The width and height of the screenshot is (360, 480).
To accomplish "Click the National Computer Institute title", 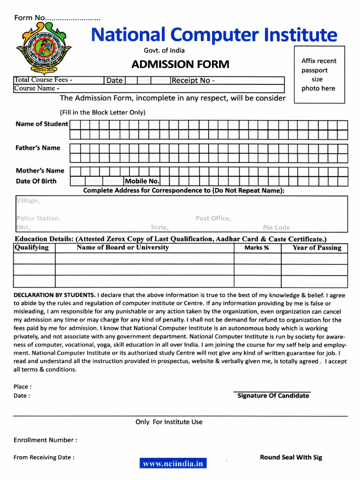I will coord(213,35).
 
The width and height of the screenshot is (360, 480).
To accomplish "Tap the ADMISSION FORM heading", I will coord(180,64).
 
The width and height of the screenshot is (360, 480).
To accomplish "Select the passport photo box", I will coord(319,75).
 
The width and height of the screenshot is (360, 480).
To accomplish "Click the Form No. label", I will coord(30,18).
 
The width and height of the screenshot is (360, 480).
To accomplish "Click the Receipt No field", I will coord(227,81).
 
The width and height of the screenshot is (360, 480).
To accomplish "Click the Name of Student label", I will coord(42,124).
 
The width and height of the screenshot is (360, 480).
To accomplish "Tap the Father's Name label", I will coord(38,148).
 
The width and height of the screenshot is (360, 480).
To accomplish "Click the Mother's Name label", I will coord(40,171).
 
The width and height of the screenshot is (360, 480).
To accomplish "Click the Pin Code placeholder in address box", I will coord(276,227).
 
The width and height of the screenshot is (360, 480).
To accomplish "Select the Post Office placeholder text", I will coord(213,218).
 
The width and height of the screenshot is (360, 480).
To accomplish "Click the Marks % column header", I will coord(256,248).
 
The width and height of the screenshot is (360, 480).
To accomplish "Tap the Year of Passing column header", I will coord(316,248).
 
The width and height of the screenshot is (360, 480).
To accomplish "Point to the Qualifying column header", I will coord(32,247).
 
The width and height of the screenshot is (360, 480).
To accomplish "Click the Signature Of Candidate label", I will coord(273,396).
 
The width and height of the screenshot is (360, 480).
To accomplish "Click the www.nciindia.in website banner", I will coord(173,464).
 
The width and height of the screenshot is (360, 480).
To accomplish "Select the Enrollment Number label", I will coord(45,440).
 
